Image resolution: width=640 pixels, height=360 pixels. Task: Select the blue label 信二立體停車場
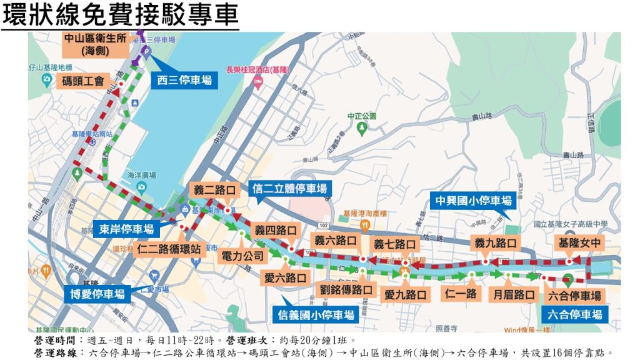(x=289, y=189)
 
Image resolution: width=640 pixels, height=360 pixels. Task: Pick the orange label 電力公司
(x=244, y=256)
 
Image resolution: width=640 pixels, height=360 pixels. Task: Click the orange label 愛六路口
(x=285, y=277)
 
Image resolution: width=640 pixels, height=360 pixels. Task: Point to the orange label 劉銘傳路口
(x=346, y=290)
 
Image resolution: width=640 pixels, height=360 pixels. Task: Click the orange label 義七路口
(x=394, y=244)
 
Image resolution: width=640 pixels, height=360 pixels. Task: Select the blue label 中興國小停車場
(x=473, y=201)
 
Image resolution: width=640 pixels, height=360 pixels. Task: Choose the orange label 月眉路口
(x=514, y=294)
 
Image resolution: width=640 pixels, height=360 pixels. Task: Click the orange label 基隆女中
(x=580, y=242)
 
